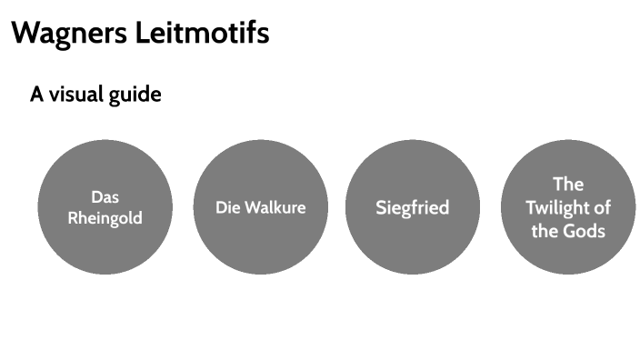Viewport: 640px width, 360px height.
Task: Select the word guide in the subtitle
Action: pyautogui.click(x=138, y=95)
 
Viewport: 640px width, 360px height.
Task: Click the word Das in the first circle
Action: pyautogui.click(x=105, y=196)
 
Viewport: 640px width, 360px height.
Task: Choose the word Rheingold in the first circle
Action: pyautogui.click(x=105, y=218)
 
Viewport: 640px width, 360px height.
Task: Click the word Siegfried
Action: pyautogui.click(x=413, y=208)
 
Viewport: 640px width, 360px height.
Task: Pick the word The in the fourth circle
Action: pyautogui.click(x=568, y=185)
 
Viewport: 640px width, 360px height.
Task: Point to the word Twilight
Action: pyautogui.click(x=548, y=207)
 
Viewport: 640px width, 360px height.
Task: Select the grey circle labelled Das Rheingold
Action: pyautogui.click(x=105, y=245)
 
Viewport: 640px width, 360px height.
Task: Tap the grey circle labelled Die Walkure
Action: pyautogui.click(x=261, y=245)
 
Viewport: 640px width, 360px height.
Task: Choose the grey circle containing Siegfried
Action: pyautogui.click(x=413, y=245)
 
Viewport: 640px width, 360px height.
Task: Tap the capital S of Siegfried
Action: pyautogui.click(x=382, y=208)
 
